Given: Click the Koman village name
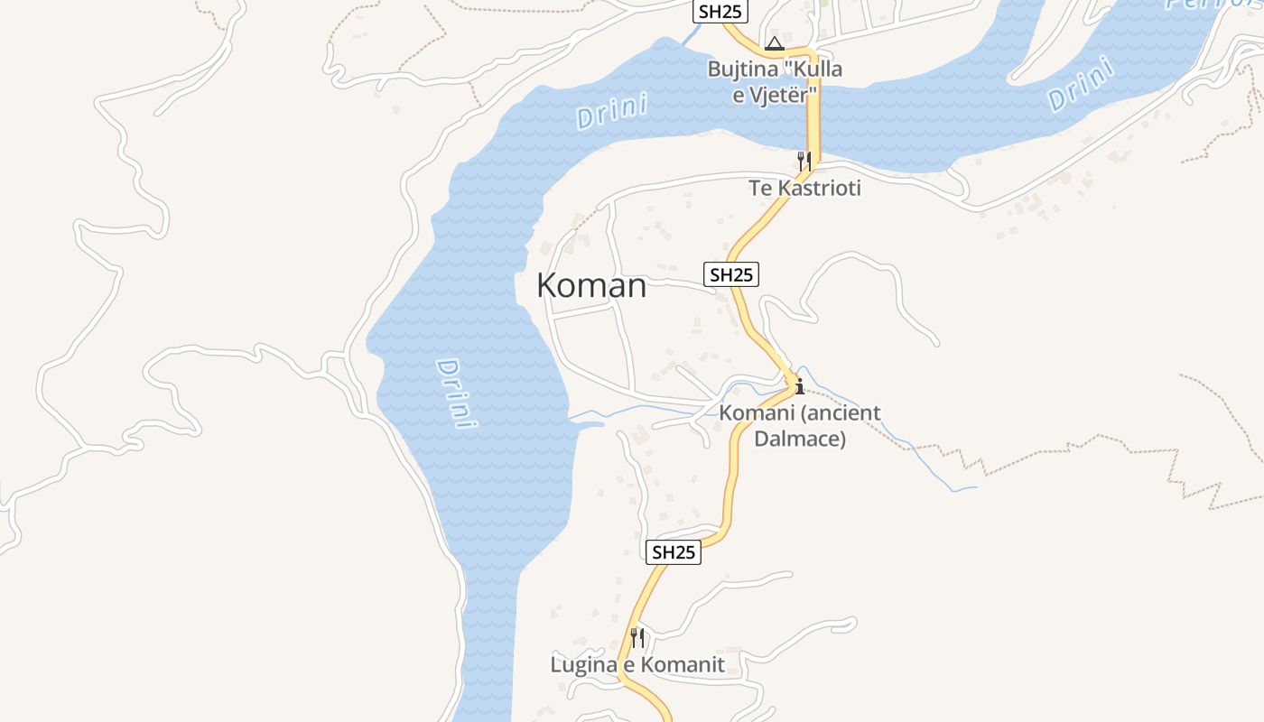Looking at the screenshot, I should pos(591,286).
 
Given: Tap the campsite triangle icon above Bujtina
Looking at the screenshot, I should pos(774,43).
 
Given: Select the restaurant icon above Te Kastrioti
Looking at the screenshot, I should pos(804,162).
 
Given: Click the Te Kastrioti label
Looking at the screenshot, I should pos(804,189).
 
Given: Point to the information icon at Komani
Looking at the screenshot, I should pos(799,387).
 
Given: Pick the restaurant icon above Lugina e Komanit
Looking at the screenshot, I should pos(637,638).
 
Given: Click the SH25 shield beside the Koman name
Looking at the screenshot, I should pos(731,274).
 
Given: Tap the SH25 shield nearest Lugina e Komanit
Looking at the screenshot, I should pos(674,552).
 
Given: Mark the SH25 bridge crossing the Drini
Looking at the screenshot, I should pos(813,108).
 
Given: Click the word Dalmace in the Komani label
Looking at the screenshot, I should pos(799,440).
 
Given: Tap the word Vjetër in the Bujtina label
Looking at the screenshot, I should pos(787,94).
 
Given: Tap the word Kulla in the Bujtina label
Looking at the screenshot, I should pos(818,69).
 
